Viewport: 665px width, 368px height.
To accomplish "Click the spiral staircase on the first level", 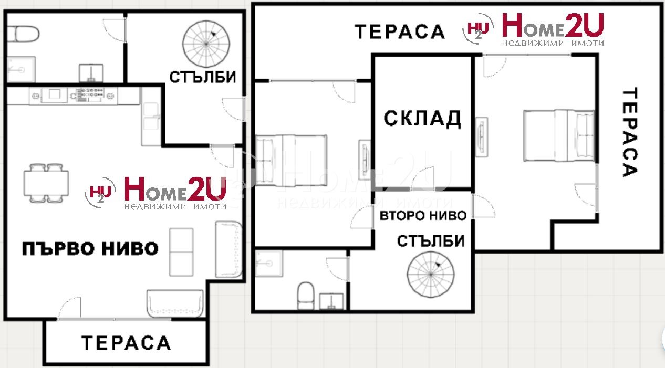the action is [x=206, y=44].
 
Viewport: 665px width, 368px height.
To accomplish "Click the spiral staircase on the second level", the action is [x=431, y=275].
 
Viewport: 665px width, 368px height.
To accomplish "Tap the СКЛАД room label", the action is [x=422, y=119].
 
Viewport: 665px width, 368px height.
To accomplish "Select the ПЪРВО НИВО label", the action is [x=90, y=249].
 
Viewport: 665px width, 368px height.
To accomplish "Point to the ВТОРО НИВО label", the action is [x=423, y=216].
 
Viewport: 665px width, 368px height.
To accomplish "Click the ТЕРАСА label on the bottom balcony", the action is [x=126, y=343].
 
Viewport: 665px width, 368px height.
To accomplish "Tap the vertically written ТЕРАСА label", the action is [x=630, y=132].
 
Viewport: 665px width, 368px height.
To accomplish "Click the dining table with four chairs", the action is [x=46, y=183].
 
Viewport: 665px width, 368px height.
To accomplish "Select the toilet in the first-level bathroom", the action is [x=23, y=34].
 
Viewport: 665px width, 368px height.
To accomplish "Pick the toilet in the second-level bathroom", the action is [x=306, y=296].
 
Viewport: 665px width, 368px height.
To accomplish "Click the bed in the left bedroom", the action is [x=291, y=161].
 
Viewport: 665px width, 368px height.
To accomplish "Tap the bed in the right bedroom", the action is [x=559, y=135].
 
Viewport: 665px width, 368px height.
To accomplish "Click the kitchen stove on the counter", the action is [x=87, y=96].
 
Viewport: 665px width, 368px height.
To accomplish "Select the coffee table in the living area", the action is [x=181, y=253].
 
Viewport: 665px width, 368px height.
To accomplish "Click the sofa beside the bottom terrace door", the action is [x=175, y=303].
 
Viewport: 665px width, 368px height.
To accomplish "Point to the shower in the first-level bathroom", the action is [x=21, y=69].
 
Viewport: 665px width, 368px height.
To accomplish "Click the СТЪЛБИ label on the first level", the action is [x=203, y=77].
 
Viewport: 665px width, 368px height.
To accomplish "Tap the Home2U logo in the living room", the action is [x=155, y=193].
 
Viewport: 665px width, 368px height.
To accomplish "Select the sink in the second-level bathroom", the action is [x=331, y=301].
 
